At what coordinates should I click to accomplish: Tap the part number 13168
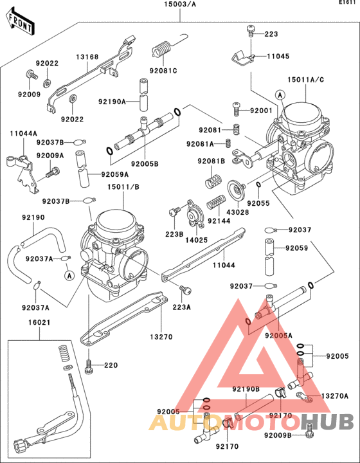(x=88, y=57)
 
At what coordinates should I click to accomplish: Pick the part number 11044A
(x=22, y=133)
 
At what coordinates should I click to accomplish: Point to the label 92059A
(x=114, y=174)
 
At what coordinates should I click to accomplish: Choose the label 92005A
(x=278, y=335)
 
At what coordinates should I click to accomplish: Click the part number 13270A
(x=334, y=396)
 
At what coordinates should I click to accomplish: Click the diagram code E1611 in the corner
(x=348, y=4)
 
